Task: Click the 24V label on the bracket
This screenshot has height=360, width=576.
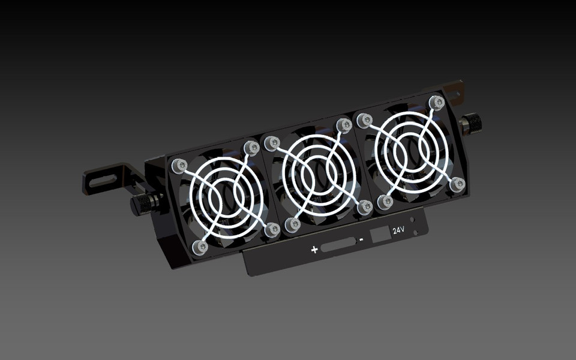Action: click(x=398, y=230)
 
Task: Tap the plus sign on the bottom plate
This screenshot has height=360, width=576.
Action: click(x=314, y=249)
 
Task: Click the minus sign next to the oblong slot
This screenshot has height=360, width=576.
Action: click(x=362, y=240)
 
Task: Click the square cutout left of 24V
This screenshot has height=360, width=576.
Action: click(x=380, y=235)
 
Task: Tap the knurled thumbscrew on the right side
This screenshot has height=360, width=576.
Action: click(x=471, y=125)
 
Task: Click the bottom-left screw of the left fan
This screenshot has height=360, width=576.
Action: click(x=199, y=246)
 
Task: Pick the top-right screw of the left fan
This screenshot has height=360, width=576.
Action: click(x=251, y=147)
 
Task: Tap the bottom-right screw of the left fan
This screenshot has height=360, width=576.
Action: click(x=272, y=229)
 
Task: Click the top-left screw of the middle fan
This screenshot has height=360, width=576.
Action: click(x=271, y=143)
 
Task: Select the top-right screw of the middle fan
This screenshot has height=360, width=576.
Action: click(x=344, y=125)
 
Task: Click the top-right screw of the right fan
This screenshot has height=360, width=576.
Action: click(x=436, y=103)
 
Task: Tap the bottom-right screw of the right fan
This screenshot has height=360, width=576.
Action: click(x=458, y=185)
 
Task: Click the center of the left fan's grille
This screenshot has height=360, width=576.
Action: click(x=225, y=197)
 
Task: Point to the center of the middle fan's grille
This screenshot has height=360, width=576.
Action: click(x=318, y=175)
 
